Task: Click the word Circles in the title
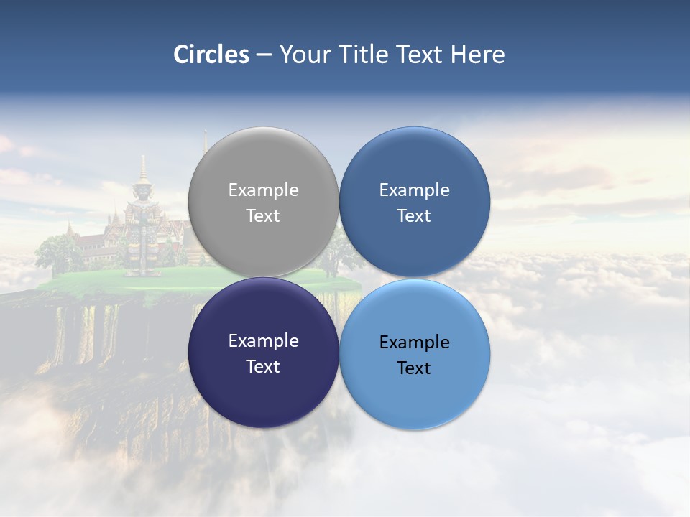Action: [x=211, y=55]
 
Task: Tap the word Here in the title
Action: [x=477, y=55]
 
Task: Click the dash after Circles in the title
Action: [x=264, y=55]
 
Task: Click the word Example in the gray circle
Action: [x=263, y=190]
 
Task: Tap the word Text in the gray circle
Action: [x=263, y=216]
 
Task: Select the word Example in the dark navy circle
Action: [x=263, y=341]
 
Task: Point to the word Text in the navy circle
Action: [x=263, y=367]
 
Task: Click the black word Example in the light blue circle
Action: [x=414, y=343]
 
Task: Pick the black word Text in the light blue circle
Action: [x=414, y=368]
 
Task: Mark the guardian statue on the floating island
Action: [x=144, y=230]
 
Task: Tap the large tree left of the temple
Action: [x=59, y=251]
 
